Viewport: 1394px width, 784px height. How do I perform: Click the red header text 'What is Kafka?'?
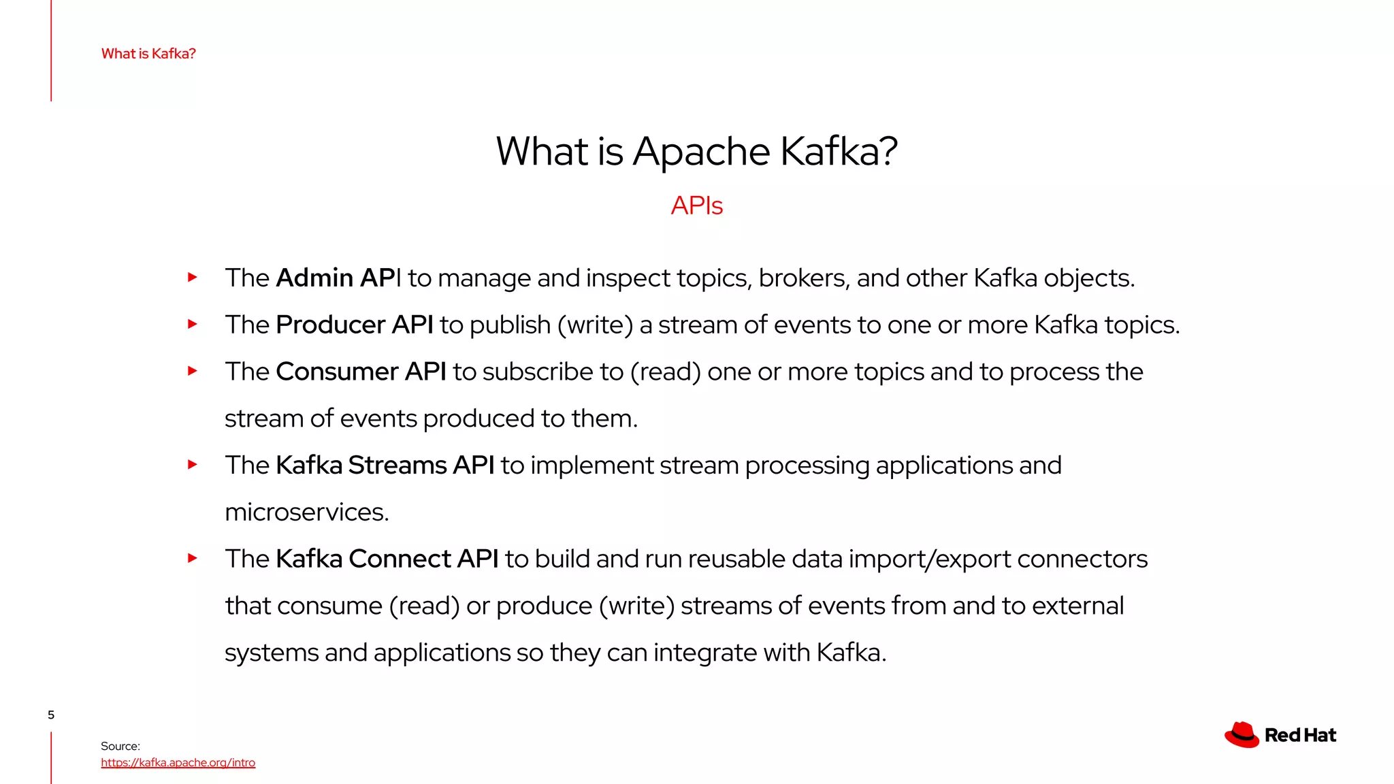point(148,54)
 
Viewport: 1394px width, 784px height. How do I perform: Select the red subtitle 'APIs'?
point(696,206)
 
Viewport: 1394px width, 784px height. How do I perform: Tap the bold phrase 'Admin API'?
point(338,278)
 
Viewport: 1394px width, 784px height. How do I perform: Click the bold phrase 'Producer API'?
point(354,325)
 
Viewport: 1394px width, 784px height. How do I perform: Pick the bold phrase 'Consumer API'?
point(361,372)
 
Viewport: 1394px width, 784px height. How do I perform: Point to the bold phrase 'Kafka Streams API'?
point(385,465)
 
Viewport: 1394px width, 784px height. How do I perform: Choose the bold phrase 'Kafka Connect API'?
point(387,559)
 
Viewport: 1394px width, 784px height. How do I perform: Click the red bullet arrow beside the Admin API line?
point(193,278)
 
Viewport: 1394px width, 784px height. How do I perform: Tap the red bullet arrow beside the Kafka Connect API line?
point(193,559)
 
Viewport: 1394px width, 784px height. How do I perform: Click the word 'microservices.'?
point(307,512)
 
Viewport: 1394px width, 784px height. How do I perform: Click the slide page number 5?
point(51,715)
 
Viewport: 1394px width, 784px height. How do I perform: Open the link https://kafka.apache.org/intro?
point(178,763)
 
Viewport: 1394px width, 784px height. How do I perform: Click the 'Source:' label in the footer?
point(120,746)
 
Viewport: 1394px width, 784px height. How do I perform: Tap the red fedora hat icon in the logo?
point(1242,735)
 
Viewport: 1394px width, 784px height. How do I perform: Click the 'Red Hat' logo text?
point(1300,736)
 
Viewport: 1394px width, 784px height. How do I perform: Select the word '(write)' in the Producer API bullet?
point(595,325)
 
